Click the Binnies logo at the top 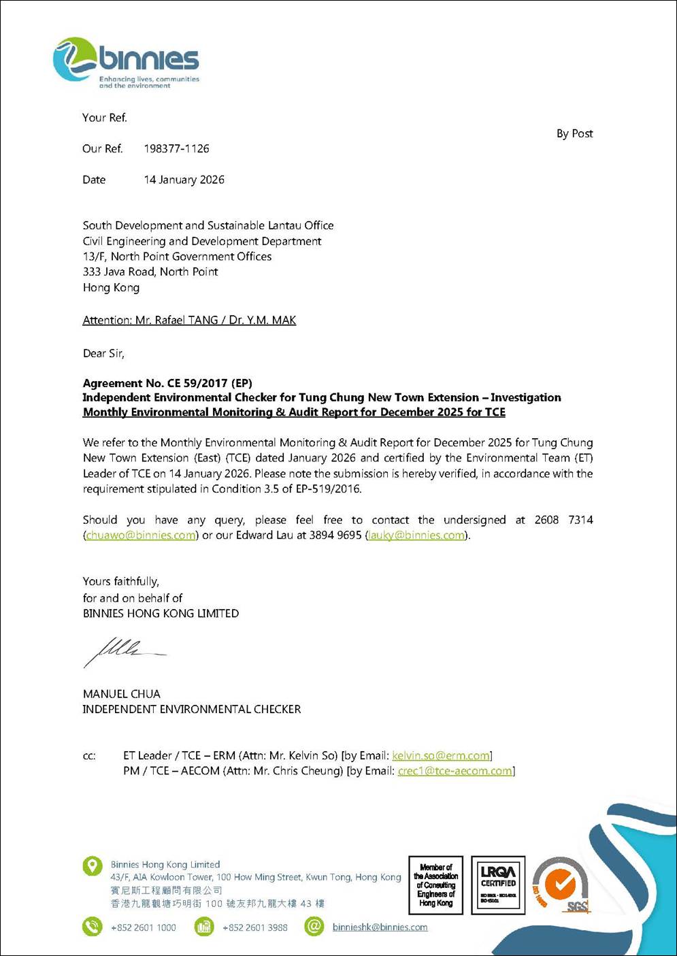pyautogui.click(x=126, y=63)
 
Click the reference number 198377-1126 pyautogui.click(x=176, y=149)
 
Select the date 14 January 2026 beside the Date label pyautogui.click(x=184, y=180)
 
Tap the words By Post pyautogui.click(x=574, y=134)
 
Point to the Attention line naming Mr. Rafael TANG pyautogui.click(x=189, y=320)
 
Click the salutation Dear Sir pyautogui.click(x=103, y=354)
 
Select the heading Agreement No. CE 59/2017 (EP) pyautogui.click(x=167, y=383)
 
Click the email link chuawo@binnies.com pyautogui.click(x=141, y=535)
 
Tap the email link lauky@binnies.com pyautogui.click(x=416, y=535)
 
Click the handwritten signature pyautogui.click(x=122, y=651)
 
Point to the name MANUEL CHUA pyautogui.click(x=122, y=694)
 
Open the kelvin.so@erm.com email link pyautogui.click(x=441, y=756)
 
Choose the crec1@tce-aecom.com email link pyautogui.click(x=455, y=771)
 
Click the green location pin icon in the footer pyautogui.click(x=93, y=866)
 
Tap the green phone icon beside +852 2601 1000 pyautogui.click(x=93, y=927)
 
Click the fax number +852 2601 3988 pyautogui.click(x=254, y=927)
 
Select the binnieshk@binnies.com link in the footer pyautogui.click(x=380, y=927)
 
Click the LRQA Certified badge pyautogui.click(x=498, y=885)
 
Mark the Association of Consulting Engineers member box pyautogui.click(x=435, y=885)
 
